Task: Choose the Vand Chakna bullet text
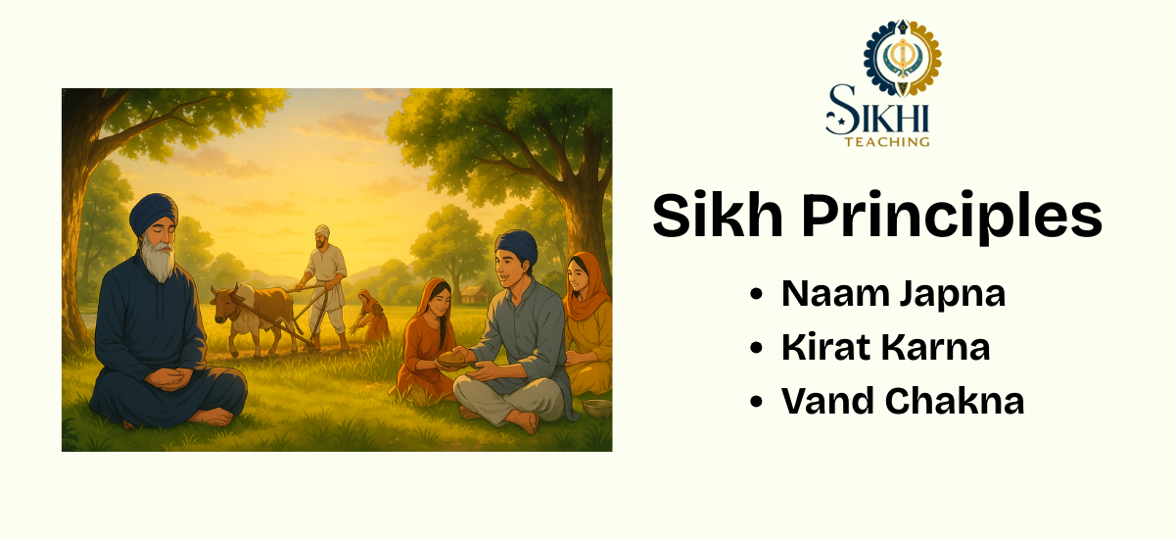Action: point(902,401)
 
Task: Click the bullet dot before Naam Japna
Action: point(757,295)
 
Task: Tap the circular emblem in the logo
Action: point(902,58)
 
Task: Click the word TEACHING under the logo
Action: point(887,142)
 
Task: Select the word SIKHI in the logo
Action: point(877,113)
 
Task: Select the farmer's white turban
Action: point(321,231)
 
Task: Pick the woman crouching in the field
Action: point(371,316)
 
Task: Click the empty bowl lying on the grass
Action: point(596,407)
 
